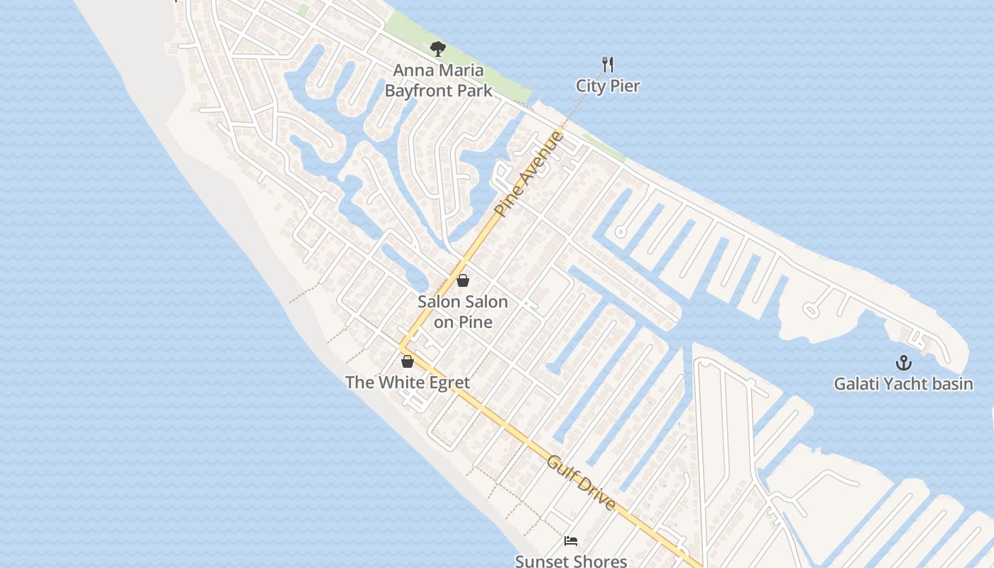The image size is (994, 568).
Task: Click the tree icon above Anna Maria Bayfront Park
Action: (x=438, y=49)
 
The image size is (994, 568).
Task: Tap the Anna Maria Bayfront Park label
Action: (x=438, y=80)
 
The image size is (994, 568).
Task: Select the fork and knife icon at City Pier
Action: (x=608, y=65)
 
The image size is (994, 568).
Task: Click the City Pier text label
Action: (x=608, y=87)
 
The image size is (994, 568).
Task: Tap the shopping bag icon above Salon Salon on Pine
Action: (x=463, y=280)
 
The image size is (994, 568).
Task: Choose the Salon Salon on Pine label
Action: (x=463, y=312)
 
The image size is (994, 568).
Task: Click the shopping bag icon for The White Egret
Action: (x=408, y=361)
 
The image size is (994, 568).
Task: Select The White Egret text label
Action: (x=408, y=383)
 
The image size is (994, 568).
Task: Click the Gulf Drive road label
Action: (x=581, y=482)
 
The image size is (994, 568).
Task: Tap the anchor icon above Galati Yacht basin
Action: (x=903, y=363)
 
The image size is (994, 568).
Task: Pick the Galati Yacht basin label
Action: (x=903, y=384)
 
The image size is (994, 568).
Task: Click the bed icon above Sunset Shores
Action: (x=571, y=541)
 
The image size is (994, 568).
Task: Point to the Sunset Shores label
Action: (x=571, y=561)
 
